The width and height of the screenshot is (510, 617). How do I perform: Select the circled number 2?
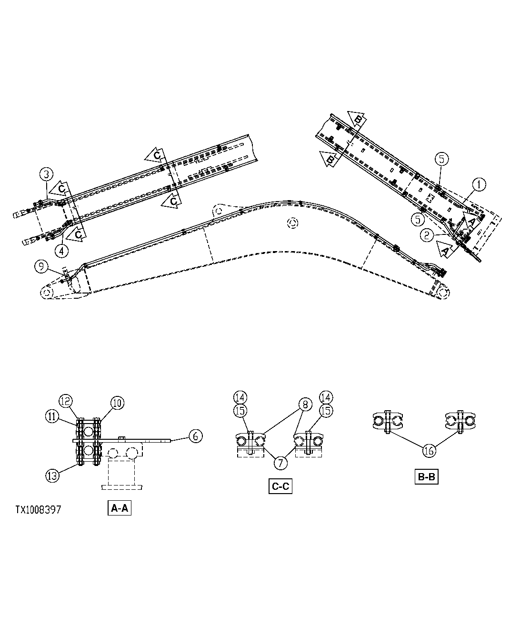point(427,234)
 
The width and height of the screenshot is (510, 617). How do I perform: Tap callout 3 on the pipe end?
point(46,174)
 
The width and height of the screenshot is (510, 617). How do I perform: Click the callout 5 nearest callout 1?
point(441,159)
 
